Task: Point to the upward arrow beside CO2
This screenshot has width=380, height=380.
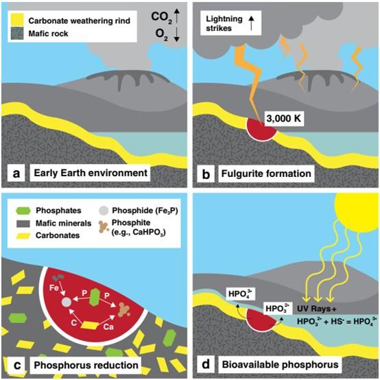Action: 177,16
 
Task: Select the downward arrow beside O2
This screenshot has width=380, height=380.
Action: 177,34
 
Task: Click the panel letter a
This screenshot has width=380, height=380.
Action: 16,174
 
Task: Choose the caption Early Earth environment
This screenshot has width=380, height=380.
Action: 91,173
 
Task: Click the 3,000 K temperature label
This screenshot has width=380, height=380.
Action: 283,118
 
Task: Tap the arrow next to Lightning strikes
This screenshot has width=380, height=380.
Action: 251,23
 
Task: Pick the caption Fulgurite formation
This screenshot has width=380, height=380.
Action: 266,174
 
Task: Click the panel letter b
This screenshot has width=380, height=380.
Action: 206,174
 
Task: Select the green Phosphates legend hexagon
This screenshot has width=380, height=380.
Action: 23,211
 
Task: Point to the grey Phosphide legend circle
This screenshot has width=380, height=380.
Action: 104,211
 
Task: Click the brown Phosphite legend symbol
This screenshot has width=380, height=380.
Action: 104,227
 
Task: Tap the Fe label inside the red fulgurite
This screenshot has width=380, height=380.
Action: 54,288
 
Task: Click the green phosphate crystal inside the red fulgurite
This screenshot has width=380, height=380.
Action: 95,298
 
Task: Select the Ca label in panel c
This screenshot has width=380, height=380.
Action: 108,327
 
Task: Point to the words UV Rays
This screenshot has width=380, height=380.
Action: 314,309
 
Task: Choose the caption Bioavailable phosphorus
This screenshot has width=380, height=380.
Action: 280,365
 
